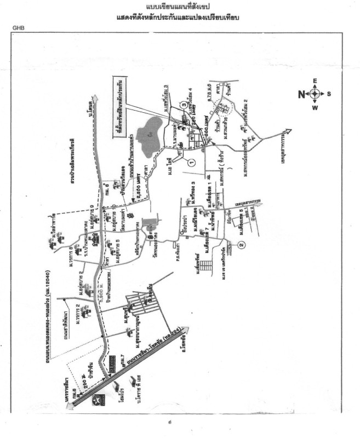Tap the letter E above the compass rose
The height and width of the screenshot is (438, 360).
[x=315, y=81]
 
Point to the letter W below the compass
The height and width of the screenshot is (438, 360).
[x=315, y=107]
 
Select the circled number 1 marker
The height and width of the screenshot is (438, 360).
[x=192, y=162]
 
